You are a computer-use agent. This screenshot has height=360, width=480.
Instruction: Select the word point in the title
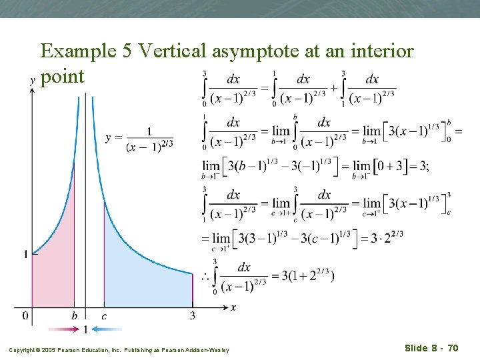tap(63, 77)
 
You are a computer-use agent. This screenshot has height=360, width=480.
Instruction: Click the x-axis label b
tap(74, 315)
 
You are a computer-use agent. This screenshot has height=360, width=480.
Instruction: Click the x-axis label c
tap(104, 315)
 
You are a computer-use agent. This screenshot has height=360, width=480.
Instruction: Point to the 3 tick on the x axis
tap(193, 315)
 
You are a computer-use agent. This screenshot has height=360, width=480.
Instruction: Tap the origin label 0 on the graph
tap(25, 315)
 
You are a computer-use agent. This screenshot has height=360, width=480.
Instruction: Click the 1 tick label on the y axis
tap(25, 255)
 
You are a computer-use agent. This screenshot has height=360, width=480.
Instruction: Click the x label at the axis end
tap(233, 307)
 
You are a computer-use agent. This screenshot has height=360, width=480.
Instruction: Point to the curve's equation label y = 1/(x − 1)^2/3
tap(139, 138)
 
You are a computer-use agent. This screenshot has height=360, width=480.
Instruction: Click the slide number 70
tap(451, 347)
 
